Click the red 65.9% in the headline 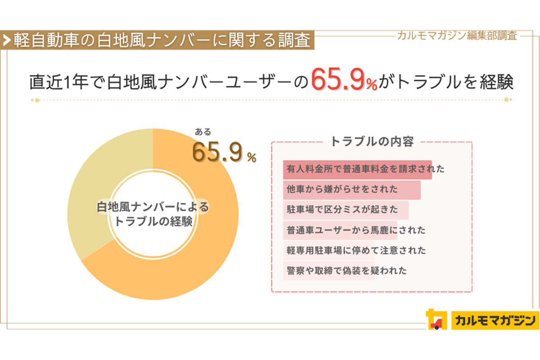(x=343, y=81)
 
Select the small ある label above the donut (x=202, y=132)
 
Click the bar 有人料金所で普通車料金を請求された (x=358, y=170)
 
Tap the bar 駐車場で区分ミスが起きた (x=346, y=210)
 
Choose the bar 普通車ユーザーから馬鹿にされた (x=341, y=230)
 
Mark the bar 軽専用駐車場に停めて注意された (x=329, y=251)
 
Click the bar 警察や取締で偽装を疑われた (x=329, y=271)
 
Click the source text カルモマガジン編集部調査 (x=457, y=36)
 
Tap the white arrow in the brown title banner (x=7, y=40)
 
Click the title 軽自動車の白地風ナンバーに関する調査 (x=162, y=40)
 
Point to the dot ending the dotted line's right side (x=507, y=100)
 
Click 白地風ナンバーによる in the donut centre (x=153, y=207)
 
